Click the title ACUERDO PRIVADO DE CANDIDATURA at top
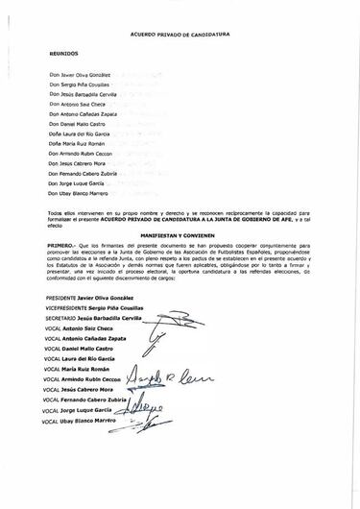180,32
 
